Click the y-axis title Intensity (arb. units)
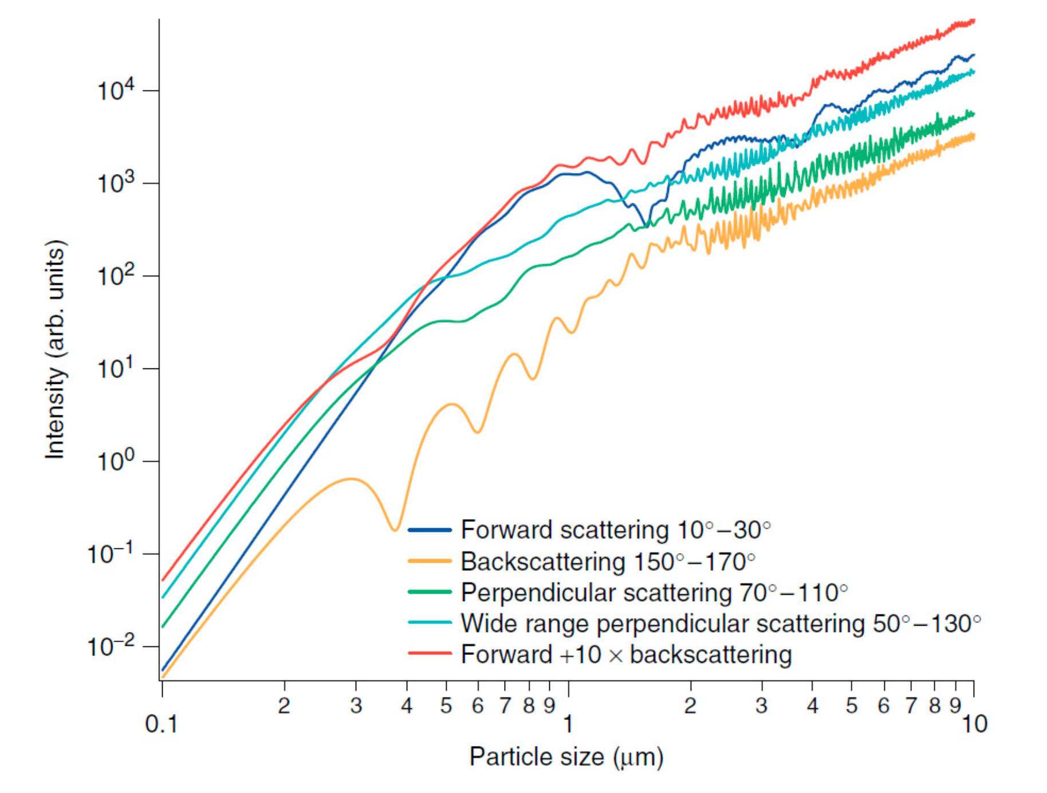point(56,350)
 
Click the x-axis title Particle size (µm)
point(566,757)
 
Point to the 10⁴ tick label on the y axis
point(116,91)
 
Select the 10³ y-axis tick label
point(116,183)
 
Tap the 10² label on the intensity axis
point(116,276)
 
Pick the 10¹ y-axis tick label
point(116,368)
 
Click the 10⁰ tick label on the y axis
point(116,461)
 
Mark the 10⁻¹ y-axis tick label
point(111,554)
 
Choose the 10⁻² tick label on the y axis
point(111,647)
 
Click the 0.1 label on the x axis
point(162,725)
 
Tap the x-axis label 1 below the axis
point(568,725)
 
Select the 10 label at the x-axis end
point(974,725)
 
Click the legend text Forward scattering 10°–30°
point(616,530)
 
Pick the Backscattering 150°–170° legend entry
point(608,562)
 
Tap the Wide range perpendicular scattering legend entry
point(721,623)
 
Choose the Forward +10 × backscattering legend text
point(626,654)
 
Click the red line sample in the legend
point(430,653)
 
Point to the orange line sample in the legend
point(430,561)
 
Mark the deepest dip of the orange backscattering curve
point(395,529)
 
